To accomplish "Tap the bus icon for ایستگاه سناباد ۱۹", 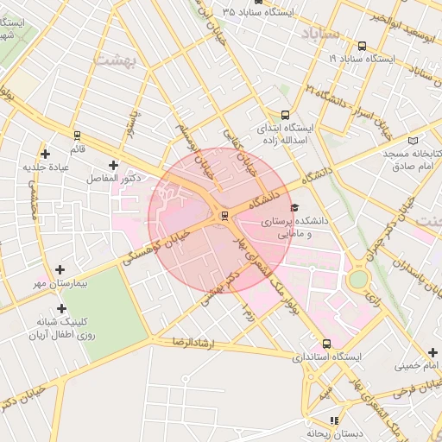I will (x=361, y=47).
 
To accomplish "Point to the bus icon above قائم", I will (x=78, y=136).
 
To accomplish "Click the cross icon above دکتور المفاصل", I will (x=113, y=164).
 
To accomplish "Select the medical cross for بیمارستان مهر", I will (x=60, y=270).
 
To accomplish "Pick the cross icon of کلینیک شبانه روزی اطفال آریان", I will (x=61, y=308).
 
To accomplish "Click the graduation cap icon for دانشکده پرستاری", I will (x=294, y=208).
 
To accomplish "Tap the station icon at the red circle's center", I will (x=224, y=214).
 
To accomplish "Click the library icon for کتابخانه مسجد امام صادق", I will (x=413, y=140).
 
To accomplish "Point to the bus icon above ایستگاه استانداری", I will (x=325, y=343).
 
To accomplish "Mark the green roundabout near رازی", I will (x=357, y=280).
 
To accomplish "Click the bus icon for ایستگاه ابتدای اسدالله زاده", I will (x=285, y=115).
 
